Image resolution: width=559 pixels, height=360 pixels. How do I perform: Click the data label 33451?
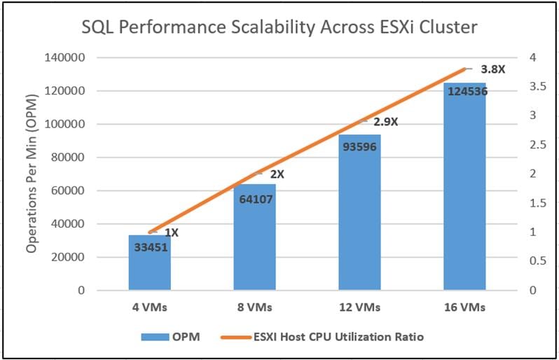point(149,245)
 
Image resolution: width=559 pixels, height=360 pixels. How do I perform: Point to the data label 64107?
point(254,199)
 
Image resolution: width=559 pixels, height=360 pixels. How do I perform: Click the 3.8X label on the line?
point(492,70)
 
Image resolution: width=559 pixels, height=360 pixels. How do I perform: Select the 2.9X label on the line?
point(385,121)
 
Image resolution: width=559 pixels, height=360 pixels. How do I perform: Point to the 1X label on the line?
point(172,233)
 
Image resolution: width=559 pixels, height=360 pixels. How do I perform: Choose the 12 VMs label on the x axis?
point(359,307)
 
